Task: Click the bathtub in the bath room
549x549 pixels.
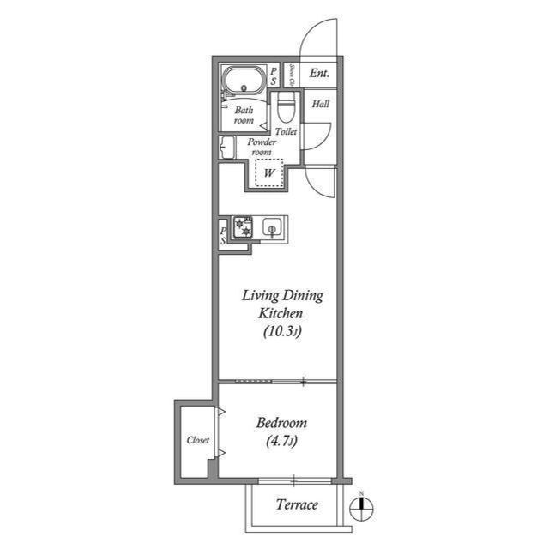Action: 244,83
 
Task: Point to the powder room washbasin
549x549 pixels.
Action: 227,148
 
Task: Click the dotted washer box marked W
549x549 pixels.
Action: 270,172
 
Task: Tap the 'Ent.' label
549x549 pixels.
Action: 320,74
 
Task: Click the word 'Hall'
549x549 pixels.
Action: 320,105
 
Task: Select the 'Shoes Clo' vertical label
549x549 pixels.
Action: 292,75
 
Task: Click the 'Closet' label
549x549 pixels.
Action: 198,440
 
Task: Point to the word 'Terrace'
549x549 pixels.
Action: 297,504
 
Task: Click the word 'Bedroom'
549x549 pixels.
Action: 281,424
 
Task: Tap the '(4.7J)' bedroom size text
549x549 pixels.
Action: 281,443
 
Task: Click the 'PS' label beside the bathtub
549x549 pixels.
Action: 273,76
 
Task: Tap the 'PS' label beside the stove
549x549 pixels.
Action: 223,236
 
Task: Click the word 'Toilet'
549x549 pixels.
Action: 287,132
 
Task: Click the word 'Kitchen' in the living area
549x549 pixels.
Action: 281,314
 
